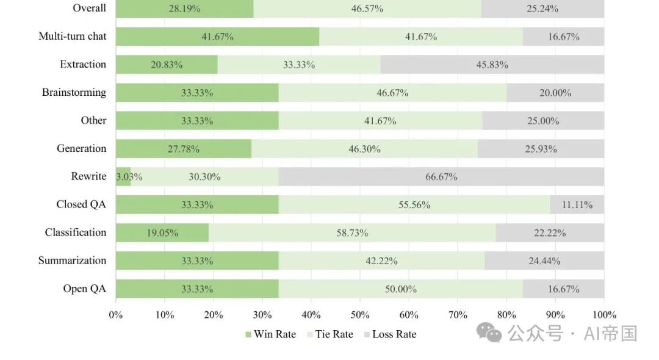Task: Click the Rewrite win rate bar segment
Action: click(x=123, y=177)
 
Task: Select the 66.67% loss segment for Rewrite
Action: click(x=441, y=177)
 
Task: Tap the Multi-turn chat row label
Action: click(x=72, y=36)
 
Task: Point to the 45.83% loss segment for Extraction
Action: click(x=492, y=65)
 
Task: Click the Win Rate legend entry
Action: click(x=270, y=334)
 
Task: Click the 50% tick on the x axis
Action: click(x=360, y=315)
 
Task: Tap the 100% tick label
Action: click(x=603, y=315)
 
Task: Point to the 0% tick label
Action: click(x=116, y=315)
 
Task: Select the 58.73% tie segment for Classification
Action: click(x=352, y=233)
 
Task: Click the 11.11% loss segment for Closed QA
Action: click(x=577, y=205)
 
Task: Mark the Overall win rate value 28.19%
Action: click(x=184, y=9)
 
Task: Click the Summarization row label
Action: click(x=72, y=261)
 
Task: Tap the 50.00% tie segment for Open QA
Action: click(x=400, y=289)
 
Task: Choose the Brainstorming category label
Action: click(x=74, y=93)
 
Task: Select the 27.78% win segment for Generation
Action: click(x=184, y=149)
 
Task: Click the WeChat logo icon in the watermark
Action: click(x=489, y=333)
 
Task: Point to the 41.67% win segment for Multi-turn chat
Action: click(x=217, y=37)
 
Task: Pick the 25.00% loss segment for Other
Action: click(x=543, y=121)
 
